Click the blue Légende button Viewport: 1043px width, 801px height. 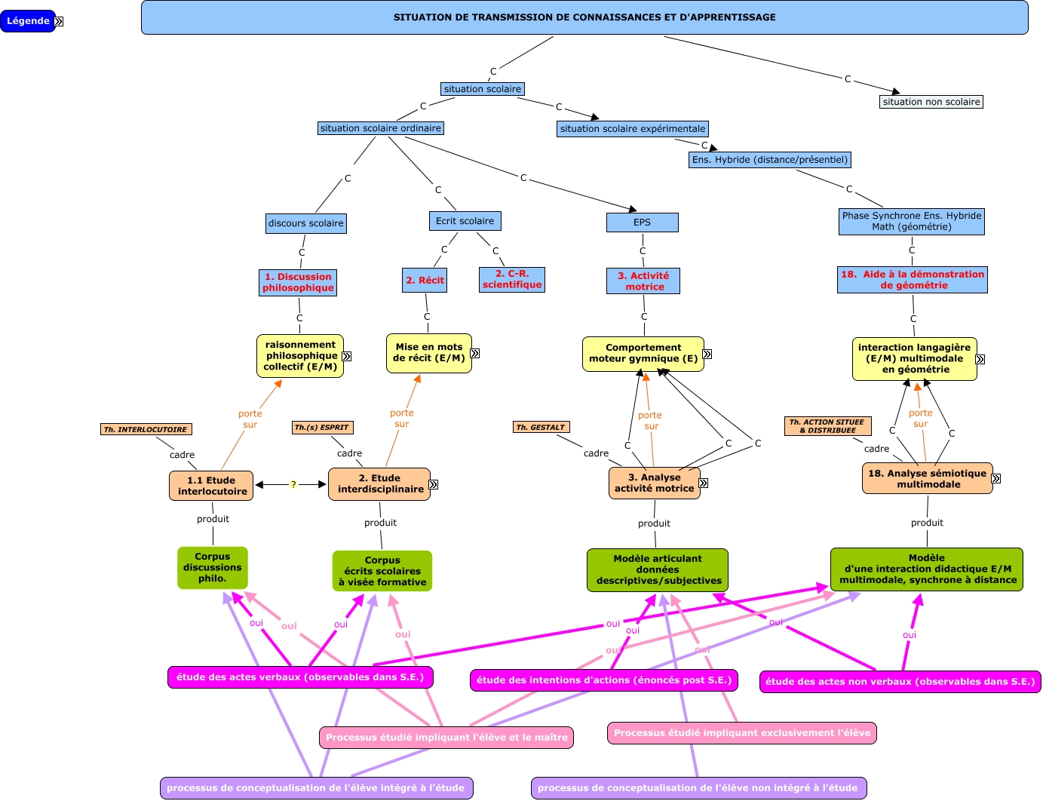click(x=28, y=21)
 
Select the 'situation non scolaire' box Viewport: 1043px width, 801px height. click(x=931, y=102)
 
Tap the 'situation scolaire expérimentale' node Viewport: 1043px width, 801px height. click(x=633, y=129)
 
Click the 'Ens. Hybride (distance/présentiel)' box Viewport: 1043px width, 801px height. click(x=770, y=160)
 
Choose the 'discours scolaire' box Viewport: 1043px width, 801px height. click(x=306, y=223)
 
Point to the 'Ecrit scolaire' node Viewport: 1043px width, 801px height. click(x=465, y=221)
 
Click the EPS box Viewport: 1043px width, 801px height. click(x=642, y=222)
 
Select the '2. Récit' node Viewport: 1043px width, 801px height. click(x=425, y=281)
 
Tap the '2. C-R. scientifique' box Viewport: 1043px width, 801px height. click(x=512, y=279)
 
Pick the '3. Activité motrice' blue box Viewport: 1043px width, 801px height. click(x=643, y=281)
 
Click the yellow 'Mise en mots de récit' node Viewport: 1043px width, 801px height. click(x=428, y=353)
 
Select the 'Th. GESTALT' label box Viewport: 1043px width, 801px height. click(x=541, y=428)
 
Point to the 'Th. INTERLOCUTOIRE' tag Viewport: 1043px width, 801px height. click(x=146, y=430)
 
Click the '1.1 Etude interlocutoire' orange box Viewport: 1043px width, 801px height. click(x=212, y=486)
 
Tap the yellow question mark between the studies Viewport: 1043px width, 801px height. click(x=293, y=485)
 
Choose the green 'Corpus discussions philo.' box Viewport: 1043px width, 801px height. click(x=213, y=568)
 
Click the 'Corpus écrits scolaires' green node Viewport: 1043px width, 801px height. click(x=382, y=571)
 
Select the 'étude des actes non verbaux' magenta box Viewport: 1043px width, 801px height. click(x=900, y=682)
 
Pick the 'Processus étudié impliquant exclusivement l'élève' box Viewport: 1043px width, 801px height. click(x=741, y=733)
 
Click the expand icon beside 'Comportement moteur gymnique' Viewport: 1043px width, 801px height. click(x=707, y=354)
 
